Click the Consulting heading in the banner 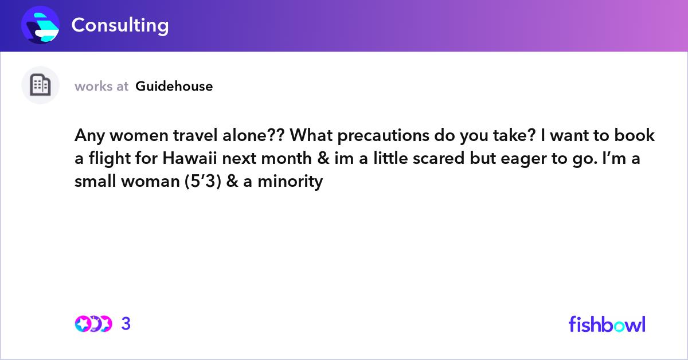coord(120,25)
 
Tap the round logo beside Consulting coord(40,25)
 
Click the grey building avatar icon coord(40,85)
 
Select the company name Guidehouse coord(174,87)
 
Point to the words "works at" coord(101,87)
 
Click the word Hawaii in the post coord(190,158)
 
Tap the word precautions coord(384,136)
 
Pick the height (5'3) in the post coord(203,181)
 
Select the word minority coord(290,182)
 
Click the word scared coord(438,158)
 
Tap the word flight coord(110,158)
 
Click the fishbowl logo coord(607,324)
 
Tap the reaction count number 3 coord(126,324)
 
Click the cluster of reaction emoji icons coord(93,324)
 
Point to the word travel coord(196,135)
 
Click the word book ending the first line coord(634,135)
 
